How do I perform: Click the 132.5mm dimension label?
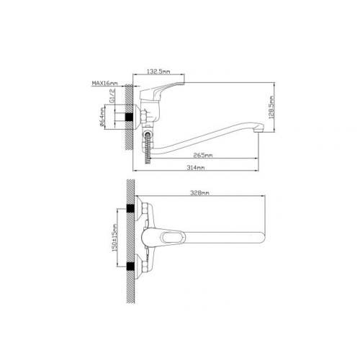[158, 71]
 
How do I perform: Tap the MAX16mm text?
[105, 83]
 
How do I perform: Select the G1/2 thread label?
[112, 96]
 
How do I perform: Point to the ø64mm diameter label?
[102, 117]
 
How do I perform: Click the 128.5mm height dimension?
[271, 107]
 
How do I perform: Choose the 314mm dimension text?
[196, 168]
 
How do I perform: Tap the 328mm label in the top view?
[199, 193]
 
